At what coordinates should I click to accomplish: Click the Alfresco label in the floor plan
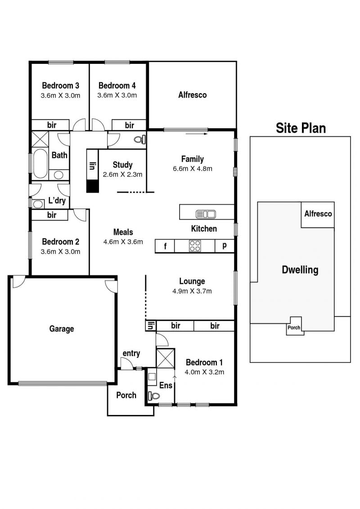coord(192,95)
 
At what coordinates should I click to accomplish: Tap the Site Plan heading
coord(301,128)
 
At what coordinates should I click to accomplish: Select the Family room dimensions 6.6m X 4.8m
coord(193,168)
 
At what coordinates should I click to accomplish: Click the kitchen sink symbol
coord(206,214)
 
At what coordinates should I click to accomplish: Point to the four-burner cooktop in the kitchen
coord(195,246)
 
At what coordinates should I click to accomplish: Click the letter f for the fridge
coord(165,246)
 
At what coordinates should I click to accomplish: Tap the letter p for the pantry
coord(224,245)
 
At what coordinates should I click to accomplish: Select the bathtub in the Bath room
coord(40,164)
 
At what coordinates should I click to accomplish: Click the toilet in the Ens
coord(154,396)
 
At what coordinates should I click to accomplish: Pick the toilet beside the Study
coord(140,140)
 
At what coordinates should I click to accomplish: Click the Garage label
coord(61,329)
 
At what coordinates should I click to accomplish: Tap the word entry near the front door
coord(131,353)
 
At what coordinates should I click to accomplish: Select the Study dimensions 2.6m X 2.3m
coord(123,174)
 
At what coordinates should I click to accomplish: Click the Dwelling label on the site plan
coord(300,270)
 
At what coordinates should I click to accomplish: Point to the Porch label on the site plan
coord(294,328)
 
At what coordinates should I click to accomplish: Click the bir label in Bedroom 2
coord(52,215)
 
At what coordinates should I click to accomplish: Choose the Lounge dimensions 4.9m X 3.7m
coord(192,291)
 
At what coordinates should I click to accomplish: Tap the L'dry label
coord(57,200)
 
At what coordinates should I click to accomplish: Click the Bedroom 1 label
coord(204,362)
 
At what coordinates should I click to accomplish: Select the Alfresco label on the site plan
coord(318,214)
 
